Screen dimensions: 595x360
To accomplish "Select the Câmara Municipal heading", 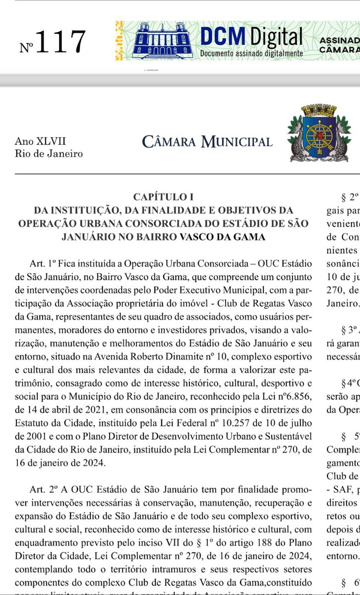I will click(207, 141).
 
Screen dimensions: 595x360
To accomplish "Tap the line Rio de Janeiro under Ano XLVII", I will click(49, 153).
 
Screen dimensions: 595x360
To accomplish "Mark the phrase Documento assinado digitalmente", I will click(251, 53).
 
